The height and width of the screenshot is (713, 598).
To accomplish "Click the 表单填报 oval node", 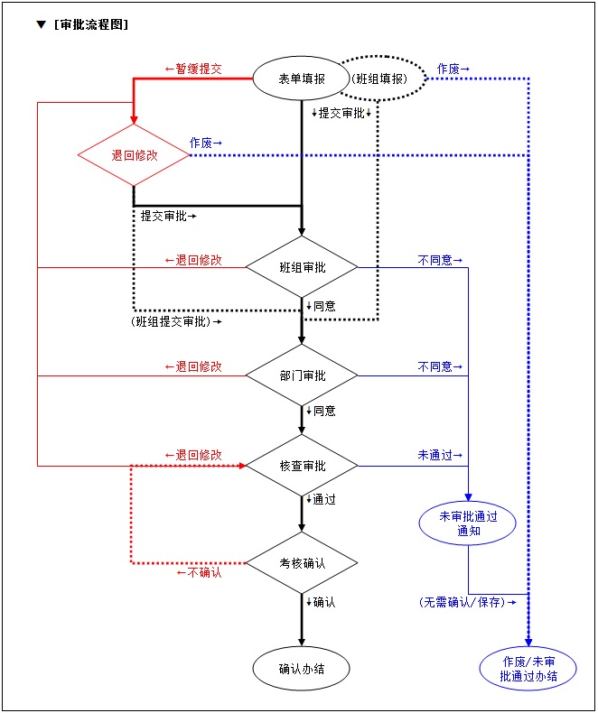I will click(x=302, y=79).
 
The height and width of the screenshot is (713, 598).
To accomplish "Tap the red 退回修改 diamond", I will click(x=135, y=155).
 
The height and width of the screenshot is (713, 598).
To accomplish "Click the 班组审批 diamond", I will click(x=303, y=267).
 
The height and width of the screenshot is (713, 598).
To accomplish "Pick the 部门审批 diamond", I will click(x=303, y=375).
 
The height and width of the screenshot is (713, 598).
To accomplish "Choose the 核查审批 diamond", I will click(x=303, y=466).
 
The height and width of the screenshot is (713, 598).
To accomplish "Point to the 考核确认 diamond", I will click(x=303, y=563).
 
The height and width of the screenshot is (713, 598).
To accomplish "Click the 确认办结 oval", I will click(x=302, y=669).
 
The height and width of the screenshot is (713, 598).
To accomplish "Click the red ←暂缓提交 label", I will click(x=193, y=69).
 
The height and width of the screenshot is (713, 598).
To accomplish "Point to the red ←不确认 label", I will click(x=199, y=572).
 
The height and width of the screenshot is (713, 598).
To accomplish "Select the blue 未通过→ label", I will click(x=440, y=456).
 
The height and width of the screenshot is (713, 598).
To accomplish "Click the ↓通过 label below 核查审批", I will click(x=321, y=499).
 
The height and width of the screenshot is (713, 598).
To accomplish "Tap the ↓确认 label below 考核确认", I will click(x=321, y=602).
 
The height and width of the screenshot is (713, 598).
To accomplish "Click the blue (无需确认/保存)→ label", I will click(x=467, y=602).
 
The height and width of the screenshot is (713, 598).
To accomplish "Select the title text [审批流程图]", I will click(x=90, y=25).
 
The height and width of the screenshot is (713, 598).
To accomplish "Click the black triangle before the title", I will click(x=41, y=25).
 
